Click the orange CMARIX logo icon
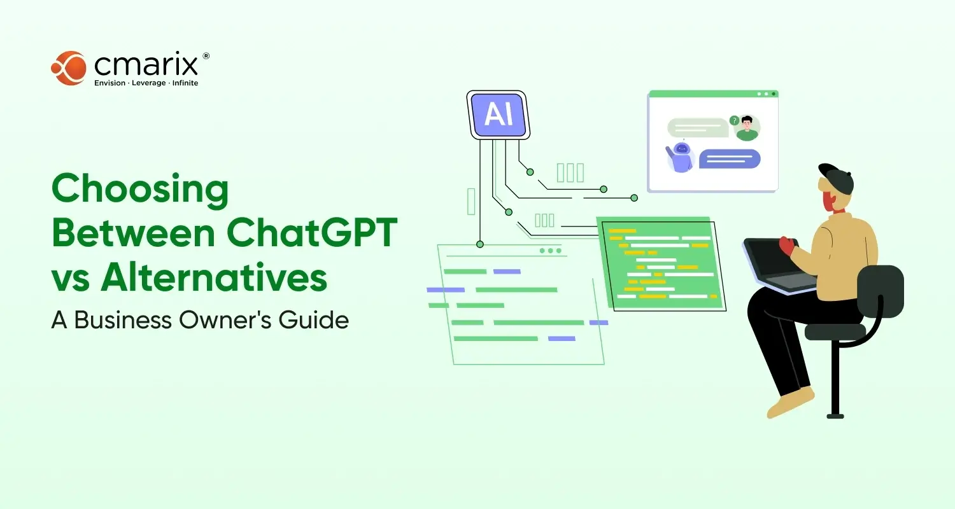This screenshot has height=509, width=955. click(x=68, y=67)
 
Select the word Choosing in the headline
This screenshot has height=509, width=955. click(x=139, y=190)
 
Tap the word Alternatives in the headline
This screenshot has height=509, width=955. click(x=215, y=278)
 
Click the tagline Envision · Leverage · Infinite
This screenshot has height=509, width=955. click(x=146, y=83)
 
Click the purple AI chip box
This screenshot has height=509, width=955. click(x=499, y=115)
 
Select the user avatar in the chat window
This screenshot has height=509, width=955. click(x=746, y=129)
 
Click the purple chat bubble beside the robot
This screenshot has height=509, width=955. click(x=730, y=158)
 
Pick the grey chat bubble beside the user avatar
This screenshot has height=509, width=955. click(x=697, y=127)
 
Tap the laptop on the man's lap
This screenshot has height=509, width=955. click(x=780, y=264)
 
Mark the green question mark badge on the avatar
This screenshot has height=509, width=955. click(x=734, y=120)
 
